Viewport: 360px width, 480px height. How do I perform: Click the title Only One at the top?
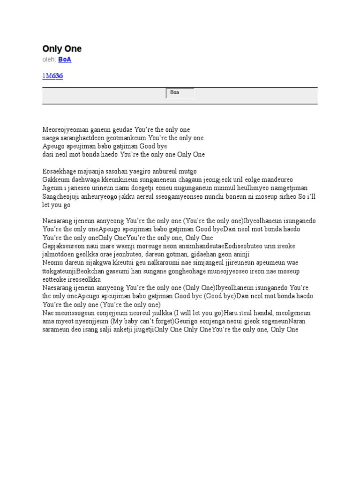point(62,49)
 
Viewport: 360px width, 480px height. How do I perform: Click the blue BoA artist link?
point(65,60)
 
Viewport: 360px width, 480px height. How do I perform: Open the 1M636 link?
point(52,76)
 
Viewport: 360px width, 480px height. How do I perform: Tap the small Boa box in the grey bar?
point(180,93)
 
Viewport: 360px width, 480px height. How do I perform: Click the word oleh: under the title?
point(49,60)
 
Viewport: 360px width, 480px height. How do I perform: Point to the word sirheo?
point(288,197)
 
